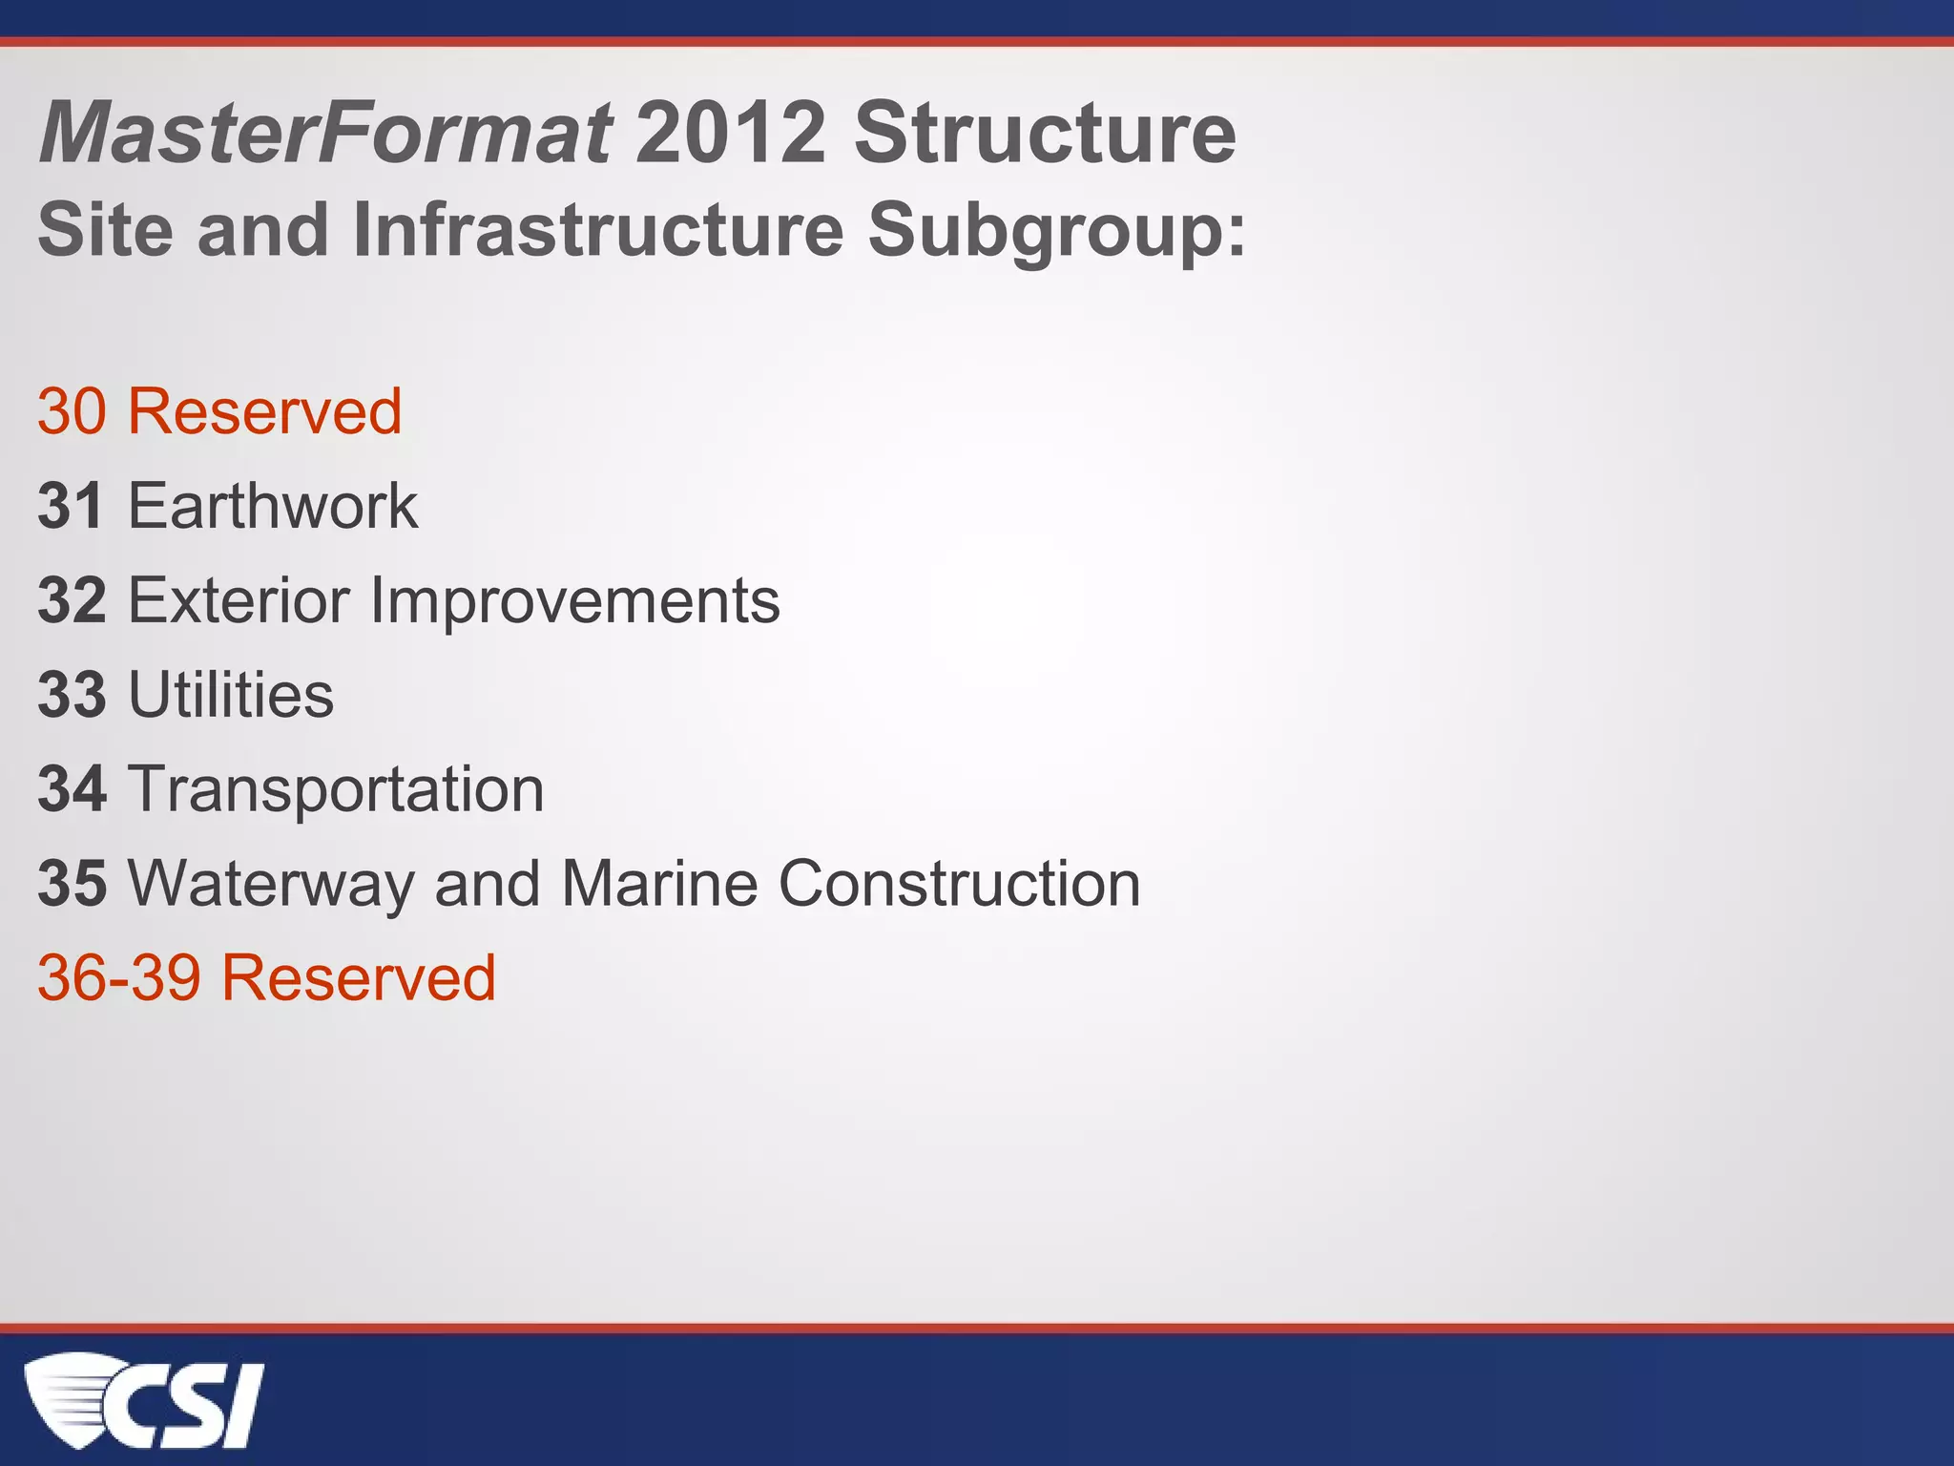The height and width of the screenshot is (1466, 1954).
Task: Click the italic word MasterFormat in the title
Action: [324, 133]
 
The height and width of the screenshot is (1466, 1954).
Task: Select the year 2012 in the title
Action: [730, 133]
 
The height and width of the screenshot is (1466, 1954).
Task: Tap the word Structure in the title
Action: [1045, 133]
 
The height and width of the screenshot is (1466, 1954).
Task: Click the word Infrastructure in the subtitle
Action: [598, 230]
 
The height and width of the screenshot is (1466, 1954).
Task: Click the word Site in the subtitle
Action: [106, 230]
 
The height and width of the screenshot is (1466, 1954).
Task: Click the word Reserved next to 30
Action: [265, 411]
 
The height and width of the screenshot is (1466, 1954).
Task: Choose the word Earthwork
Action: [273, 506]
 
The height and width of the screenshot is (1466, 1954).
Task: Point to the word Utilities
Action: [231, 695]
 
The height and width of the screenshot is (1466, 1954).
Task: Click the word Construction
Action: [959, 883]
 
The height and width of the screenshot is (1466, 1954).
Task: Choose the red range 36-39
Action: [118, 978]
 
